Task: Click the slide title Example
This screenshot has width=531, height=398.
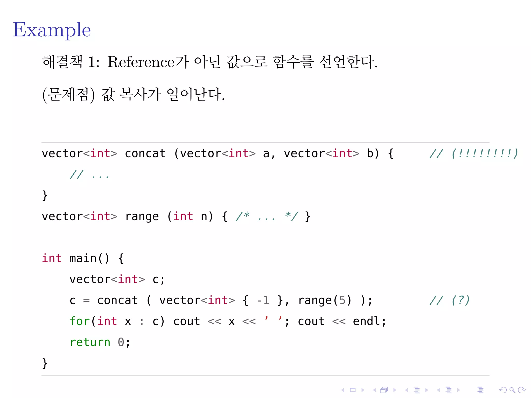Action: (52, 30)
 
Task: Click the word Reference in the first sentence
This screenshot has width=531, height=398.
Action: (141, 62)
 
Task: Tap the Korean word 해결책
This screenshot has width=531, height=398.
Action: (62, 62)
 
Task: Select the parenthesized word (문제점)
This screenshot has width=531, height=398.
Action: (68, 94)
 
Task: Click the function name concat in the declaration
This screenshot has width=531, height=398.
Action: (145, 154)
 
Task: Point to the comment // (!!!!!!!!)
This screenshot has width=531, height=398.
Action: (473, 153)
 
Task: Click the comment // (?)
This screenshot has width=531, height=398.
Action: (449, 300)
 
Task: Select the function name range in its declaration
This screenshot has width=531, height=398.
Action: (142, 217)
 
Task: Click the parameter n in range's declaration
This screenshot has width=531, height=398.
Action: (204, 217)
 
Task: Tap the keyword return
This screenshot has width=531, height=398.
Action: (90, 342)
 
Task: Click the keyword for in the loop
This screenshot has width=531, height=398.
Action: (80, 321)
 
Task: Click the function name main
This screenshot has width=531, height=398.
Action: (83, 258)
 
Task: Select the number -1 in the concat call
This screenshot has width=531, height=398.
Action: (263, 300)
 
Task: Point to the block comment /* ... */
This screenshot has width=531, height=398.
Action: (267, 217)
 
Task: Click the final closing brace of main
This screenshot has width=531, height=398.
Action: (45, 363)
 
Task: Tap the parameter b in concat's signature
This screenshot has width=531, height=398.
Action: (370, 154)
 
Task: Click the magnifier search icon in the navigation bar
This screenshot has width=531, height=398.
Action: (512, 390)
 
